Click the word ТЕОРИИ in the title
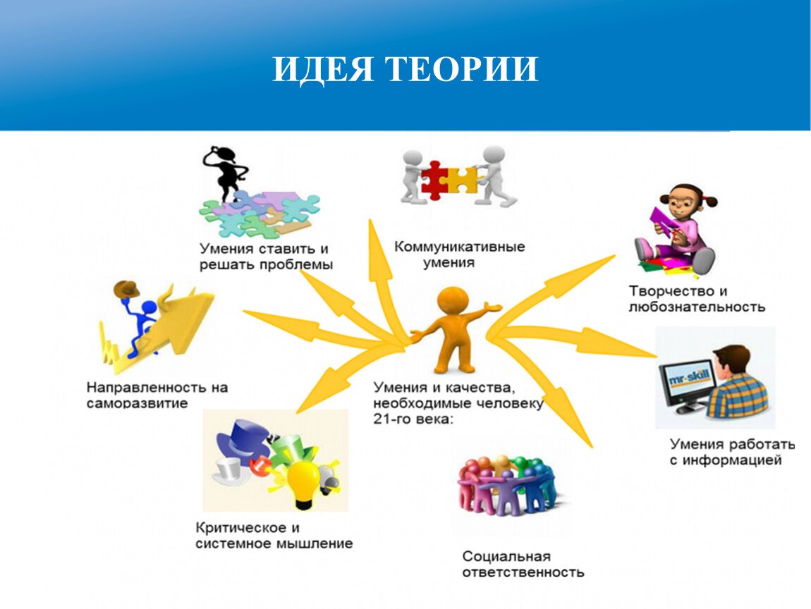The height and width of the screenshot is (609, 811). pos(463,69)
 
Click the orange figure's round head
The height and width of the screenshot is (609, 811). pos(453,302)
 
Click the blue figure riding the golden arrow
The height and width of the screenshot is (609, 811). pos(140,326)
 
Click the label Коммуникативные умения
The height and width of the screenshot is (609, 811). pos(459,254)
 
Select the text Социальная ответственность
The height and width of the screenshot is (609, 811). pos(523,564)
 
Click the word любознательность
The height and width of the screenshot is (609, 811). pos(697,307)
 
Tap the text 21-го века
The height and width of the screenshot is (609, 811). pos(413,419)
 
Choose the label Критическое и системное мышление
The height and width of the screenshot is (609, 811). pos(274,536)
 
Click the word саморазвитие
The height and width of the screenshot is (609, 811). pos(137,403)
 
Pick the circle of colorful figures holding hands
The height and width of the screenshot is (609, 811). pos(508,486)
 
